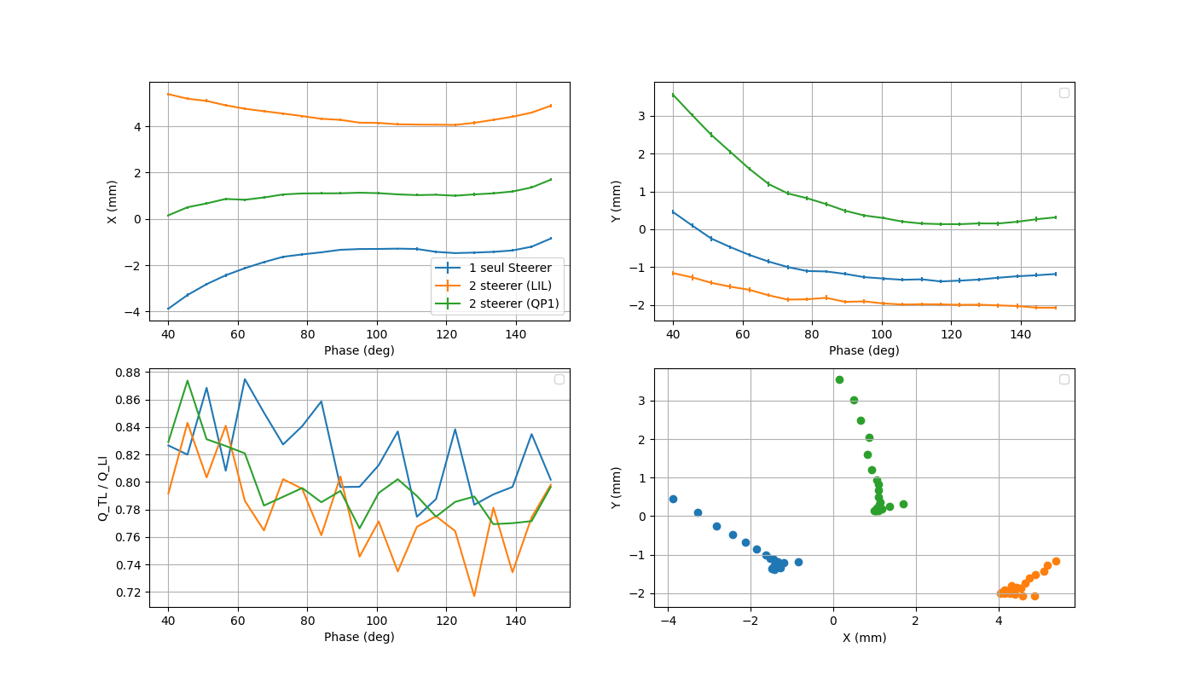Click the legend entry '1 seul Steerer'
510,268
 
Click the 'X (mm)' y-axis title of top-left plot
112,202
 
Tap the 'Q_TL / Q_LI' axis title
102,488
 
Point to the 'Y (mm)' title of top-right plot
617,202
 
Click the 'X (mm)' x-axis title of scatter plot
864,638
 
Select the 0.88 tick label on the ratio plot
135,373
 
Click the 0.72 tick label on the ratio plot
135,592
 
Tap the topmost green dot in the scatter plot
839,379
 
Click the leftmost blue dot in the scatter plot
673,499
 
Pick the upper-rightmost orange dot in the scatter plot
1056,561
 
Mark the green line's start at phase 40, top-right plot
673,95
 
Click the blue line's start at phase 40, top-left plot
168,309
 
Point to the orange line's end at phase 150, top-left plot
551,106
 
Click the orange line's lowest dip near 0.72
474,596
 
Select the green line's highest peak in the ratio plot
188,381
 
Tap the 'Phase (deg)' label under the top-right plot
864,350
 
